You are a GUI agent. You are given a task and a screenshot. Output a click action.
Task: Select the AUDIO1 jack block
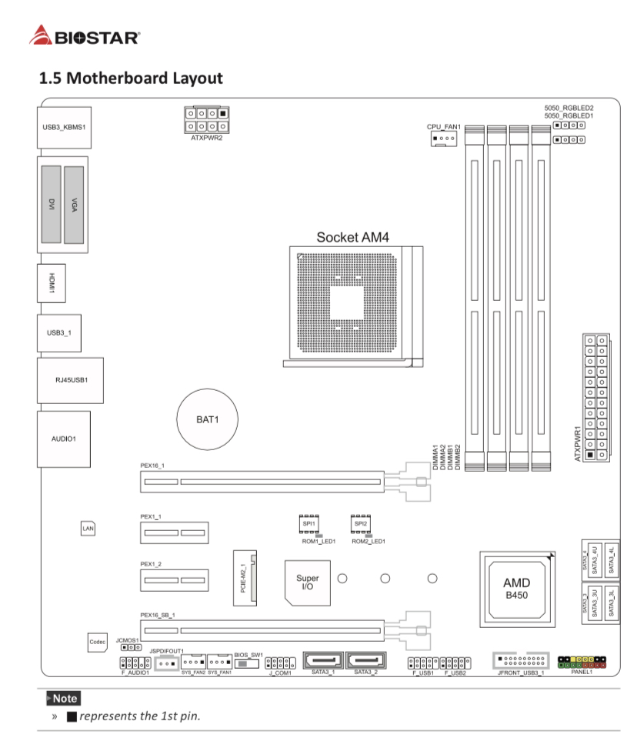pyautogui.click(x=63, y=439)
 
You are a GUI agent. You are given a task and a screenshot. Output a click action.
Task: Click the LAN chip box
pyautogui.click(x=88, y=529)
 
